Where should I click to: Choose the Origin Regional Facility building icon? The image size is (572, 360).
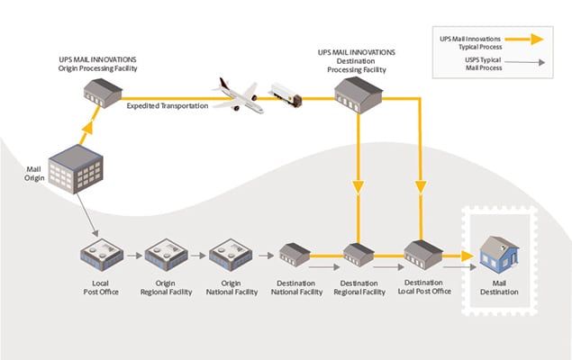pos(166,255)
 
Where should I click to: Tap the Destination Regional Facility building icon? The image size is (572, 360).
pos(359,256)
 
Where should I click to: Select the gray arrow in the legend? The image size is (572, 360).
pos(528,63)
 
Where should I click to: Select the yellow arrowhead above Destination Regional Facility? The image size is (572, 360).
pos(359,188)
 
